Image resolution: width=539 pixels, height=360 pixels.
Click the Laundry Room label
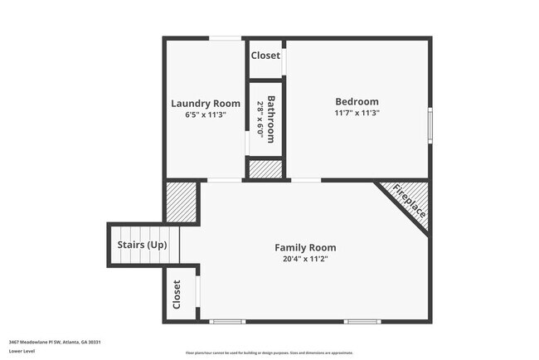[205, 103]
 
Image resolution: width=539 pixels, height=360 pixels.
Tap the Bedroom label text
[357, 101]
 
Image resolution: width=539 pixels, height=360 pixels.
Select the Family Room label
[305, 247]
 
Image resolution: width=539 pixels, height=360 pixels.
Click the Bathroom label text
[270, 118]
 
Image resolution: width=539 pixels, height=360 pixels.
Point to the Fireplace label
[410, 201]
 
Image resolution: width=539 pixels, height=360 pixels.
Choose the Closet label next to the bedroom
[265, 56]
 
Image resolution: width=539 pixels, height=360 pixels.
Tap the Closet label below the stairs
[177, 294]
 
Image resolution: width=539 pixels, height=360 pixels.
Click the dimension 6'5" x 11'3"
[205, 114]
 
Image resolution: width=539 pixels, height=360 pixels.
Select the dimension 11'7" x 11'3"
[357, 113]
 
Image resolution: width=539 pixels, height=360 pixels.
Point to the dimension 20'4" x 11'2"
[305, 259]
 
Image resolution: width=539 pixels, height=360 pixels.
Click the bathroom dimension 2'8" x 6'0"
[260, 118]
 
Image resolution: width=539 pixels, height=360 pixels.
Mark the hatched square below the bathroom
[265, 168]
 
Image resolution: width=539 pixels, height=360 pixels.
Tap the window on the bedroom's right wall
[430, 125]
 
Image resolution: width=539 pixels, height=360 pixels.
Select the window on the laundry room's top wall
[225, 38]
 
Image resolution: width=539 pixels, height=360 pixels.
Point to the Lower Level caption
[22, 351]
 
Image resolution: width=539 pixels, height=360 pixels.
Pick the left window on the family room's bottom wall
[226, 321]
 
